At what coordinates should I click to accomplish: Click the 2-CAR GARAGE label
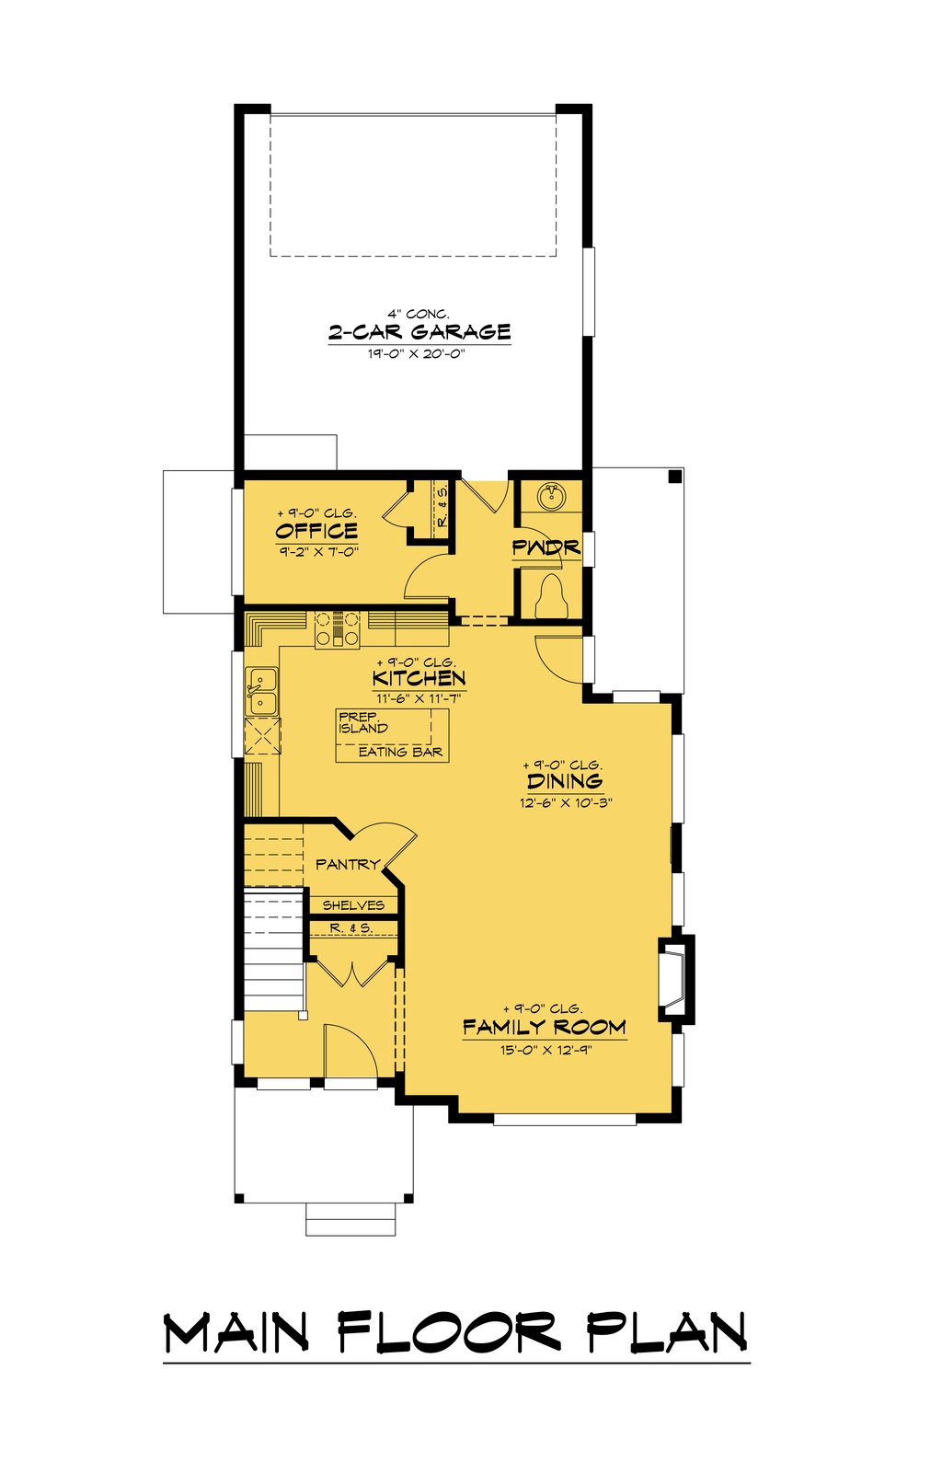[x=419, y=332]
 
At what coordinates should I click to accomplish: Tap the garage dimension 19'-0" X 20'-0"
[x=419, y=354]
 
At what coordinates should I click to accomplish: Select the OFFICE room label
[x=316, y=531]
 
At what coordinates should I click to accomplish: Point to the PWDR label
[x=546, y=548]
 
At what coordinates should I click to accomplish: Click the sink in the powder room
[x=550, y=497]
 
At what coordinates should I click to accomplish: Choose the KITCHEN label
[x=419, y=678]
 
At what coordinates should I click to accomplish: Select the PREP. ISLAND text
[x=363, y=722]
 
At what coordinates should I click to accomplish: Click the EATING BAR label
[x=400, y=752]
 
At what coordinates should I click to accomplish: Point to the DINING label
[x=565, y=781]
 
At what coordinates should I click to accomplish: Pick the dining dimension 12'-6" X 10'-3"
[x=565, y=802]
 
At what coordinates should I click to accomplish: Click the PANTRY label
[x=348, y=864]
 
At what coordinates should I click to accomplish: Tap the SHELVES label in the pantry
[x=353, y=905]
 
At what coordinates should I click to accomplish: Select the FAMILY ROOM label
[x=545, y=1027]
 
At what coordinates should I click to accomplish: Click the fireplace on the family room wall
[x=674, y=978]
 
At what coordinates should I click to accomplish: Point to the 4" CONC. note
[x=419, y=314]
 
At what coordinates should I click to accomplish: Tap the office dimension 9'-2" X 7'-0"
[x=316, y=551]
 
